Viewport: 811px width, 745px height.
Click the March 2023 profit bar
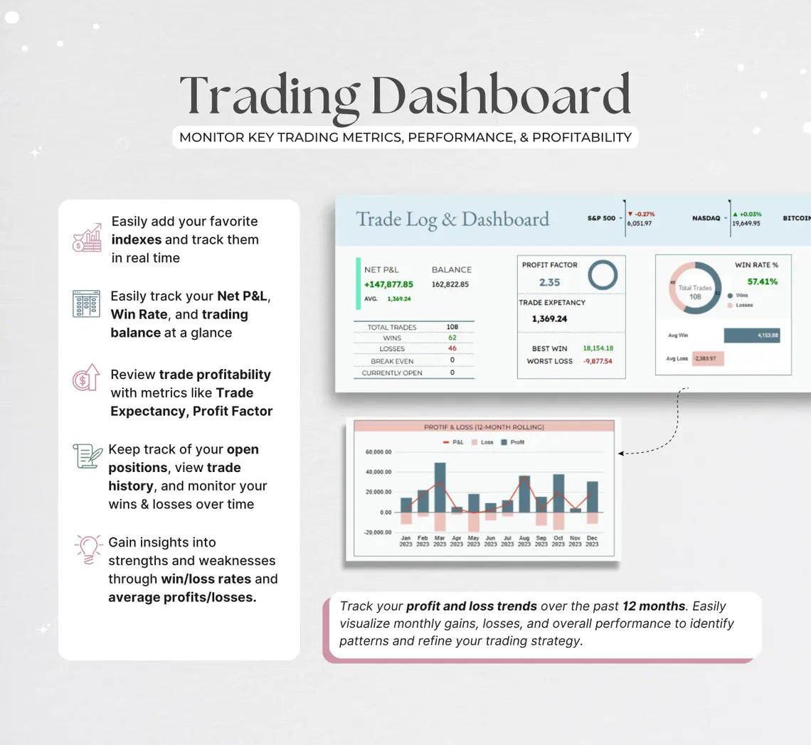440,487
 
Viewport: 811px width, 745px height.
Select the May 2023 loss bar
474,522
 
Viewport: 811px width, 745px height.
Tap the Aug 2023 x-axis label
524,541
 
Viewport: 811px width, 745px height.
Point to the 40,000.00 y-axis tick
378,472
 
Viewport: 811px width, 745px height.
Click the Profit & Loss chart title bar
484,427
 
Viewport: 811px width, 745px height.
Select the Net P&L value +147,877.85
388,284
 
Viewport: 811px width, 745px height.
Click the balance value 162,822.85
450,284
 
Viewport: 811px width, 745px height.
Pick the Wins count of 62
452,338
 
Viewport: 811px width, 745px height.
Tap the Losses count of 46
452,348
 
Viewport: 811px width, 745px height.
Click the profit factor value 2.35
549,282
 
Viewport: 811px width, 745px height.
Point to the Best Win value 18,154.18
598,348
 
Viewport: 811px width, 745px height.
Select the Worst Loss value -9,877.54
598,361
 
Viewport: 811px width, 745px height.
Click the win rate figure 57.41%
762,282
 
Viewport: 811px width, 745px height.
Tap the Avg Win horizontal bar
751,336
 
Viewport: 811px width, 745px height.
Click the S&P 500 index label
601,218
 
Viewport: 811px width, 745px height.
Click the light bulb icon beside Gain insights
89,550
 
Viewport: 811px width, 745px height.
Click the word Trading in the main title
270,96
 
